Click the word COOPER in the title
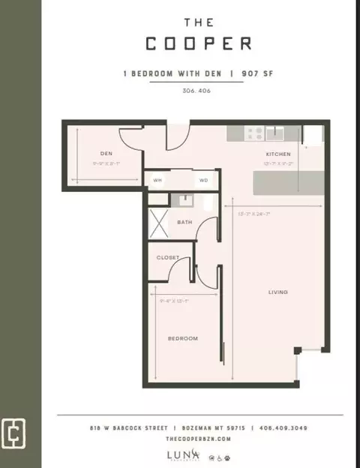(x=198, y=43)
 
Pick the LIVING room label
(x=279, y=292)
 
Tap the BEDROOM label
(x=182, y=338)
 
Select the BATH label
(x=184, y=223)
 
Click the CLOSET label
(x=168, y=257)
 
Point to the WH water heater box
(x=158, y=181)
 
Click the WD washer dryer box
(x=203, y=181)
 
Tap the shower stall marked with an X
(x=160, y=223)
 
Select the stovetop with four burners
(x=255, y=133)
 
